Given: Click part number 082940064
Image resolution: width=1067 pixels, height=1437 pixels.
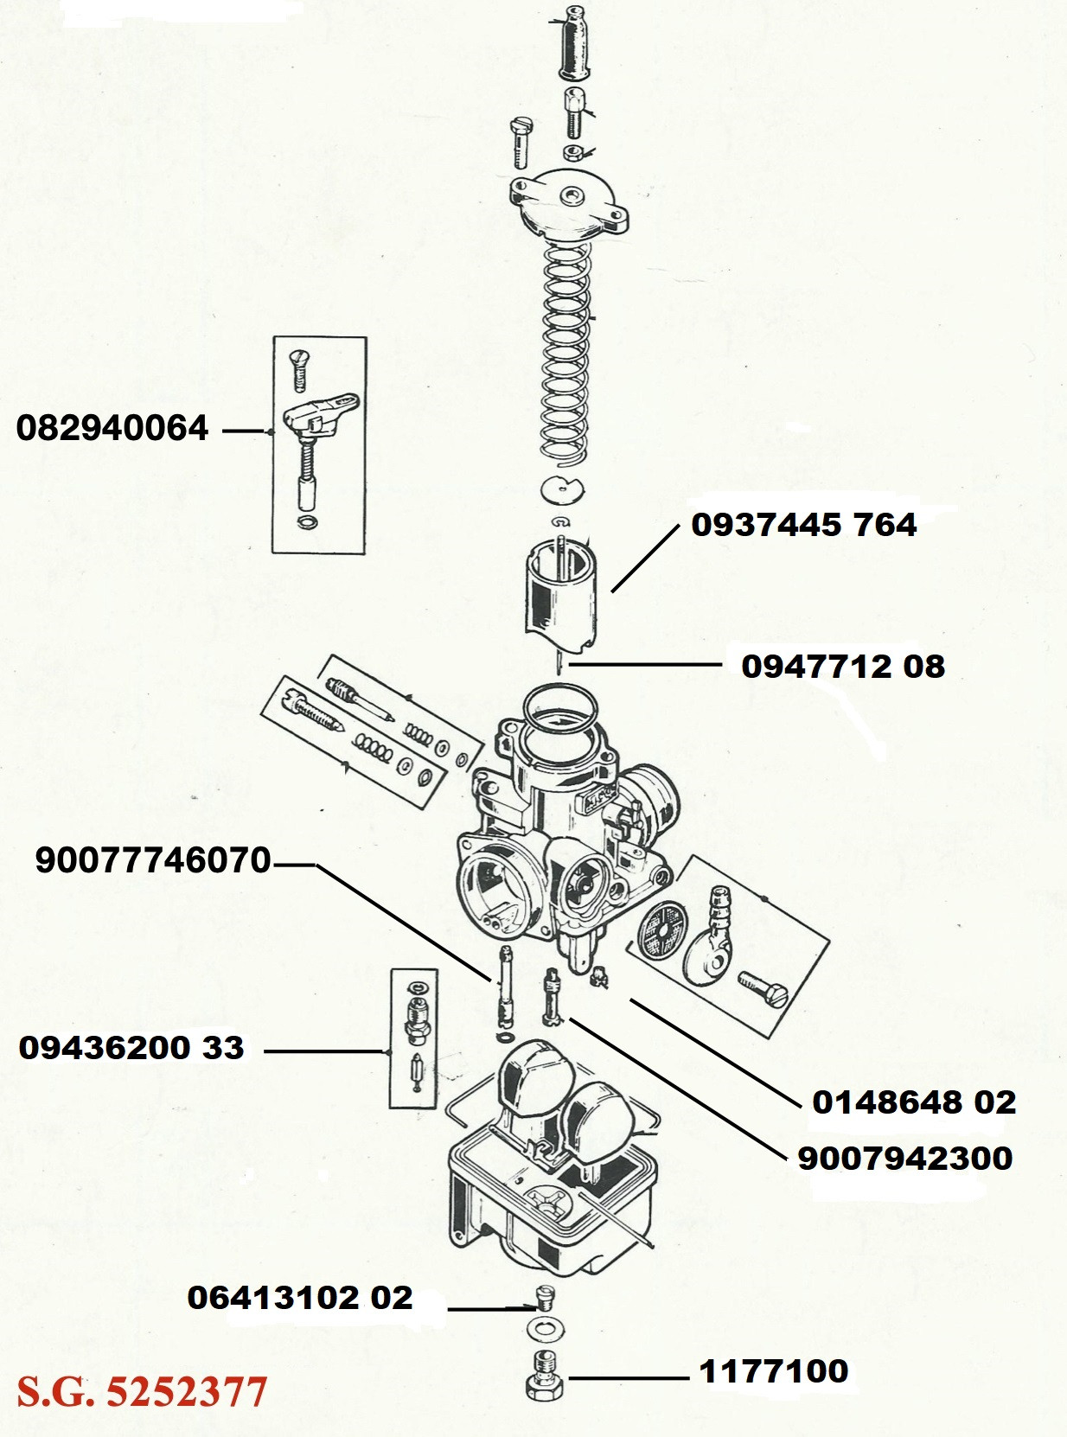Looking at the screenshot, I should click(112, 428).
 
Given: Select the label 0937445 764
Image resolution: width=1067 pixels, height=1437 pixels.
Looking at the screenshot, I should click(803, 525).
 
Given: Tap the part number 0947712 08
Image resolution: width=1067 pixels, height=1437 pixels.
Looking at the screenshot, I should click(842, 667).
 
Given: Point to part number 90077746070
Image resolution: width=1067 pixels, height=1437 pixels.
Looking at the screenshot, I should click(153, 860).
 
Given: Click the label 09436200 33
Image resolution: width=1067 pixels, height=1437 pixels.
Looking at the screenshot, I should click(131, 1048).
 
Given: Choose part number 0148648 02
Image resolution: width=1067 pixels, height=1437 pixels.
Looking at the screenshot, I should click(913, 1102).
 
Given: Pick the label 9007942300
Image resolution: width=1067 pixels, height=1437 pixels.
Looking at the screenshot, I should click(904, 1159).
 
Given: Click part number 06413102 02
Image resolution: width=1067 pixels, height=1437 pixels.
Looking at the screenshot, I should click(299, 1298).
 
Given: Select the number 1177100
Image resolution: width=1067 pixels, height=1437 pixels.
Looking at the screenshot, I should click(773, 1371).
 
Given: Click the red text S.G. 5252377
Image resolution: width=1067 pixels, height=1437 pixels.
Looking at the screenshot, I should click(142, 1392).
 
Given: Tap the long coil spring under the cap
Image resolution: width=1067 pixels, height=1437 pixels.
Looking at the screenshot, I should click(566, 354).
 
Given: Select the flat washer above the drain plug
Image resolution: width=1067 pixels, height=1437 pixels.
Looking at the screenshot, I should click(542, 1327).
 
